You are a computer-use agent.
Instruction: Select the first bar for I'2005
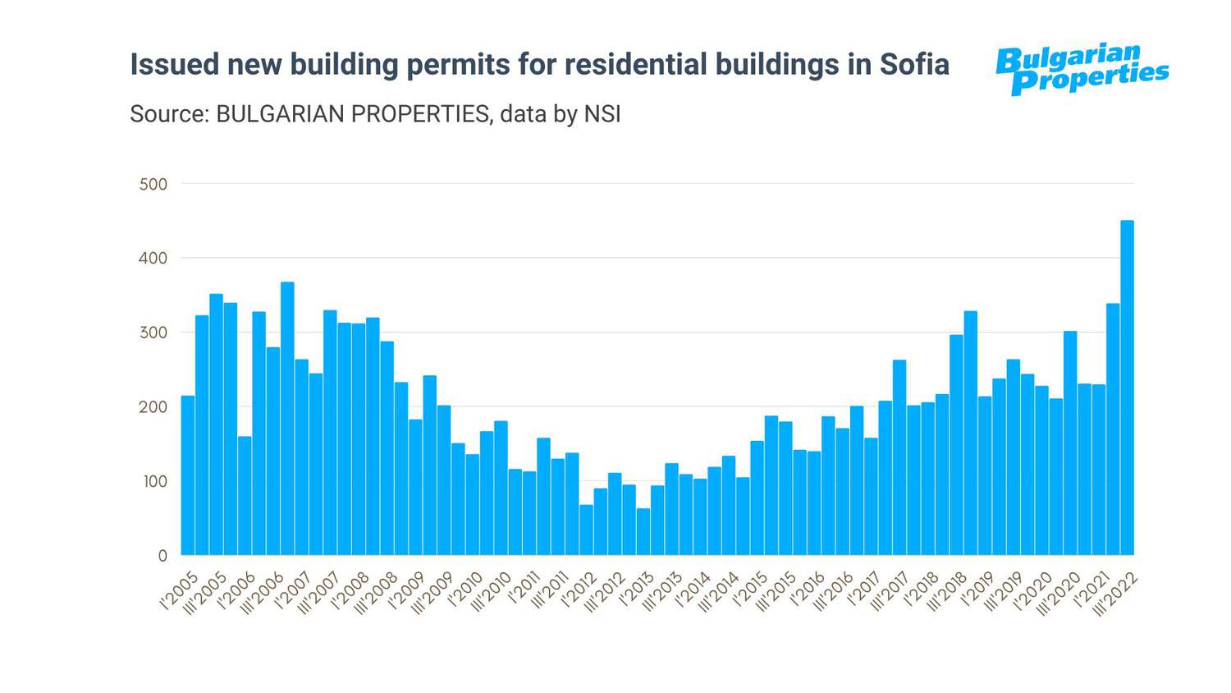point(188,475)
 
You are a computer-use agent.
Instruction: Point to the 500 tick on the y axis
point(153,184)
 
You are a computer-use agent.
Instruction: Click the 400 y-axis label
point(153,258)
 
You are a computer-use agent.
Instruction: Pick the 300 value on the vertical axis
point(153,333)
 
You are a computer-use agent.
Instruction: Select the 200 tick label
point(153,406)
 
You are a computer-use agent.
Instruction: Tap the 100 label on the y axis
point(154,481)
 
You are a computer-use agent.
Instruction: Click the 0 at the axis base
point(162,556)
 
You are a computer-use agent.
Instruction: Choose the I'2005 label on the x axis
point(180,591)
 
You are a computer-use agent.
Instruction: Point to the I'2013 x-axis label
point(636,591)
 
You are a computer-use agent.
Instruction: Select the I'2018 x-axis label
point(921,591)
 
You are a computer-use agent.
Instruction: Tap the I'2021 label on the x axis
point(1091,591)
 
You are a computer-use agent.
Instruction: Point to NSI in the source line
point(602,113)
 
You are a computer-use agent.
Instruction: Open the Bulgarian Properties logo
point(1082,69)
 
